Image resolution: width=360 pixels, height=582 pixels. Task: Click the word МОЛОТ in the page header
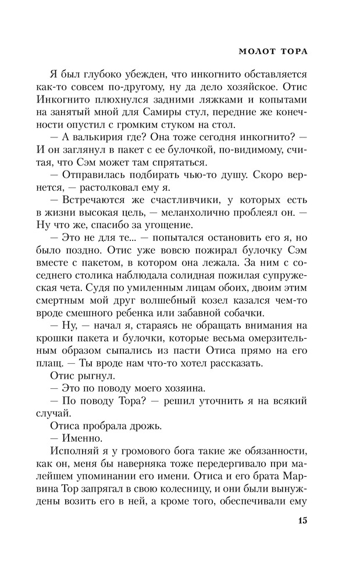click(254, 51)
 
